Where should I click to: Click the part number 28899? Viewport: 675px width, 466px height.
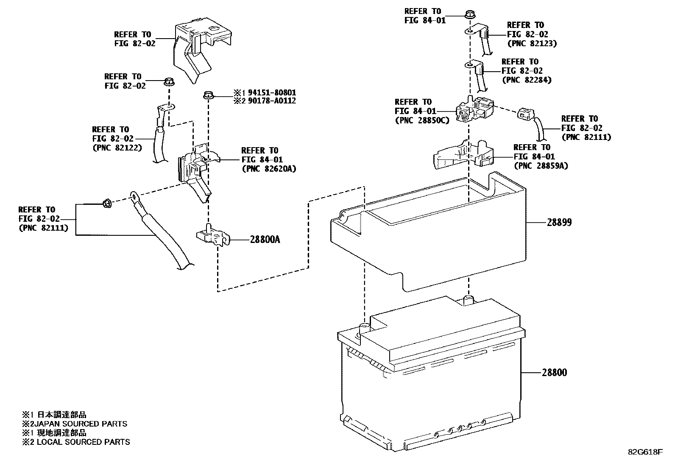point(559,222)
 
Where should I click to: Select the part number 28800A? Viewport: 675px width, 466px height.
point(265,240)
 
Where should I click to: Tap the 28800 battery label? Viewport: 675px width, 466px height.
point(554,373)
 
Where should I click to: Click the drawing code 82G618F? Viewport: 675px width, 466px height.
point(645,452)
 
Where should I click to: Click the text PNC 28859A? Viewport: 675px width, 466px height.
point(541,166)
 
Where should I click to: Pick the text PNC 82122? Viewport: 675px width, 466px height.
point(117,148)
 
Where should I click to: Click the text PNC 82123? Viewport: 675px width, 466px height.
point(532,43)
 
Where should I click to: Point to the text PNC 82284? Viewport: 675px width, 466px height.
point(526,80)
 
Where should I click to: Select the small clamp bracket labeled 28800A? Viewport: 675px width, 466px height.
point(212,237)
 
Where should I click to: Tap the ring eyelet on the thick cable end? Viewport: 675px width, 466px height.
point(135,196)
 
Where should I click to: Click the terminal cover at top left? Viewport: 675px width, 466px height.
point(199,47)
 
